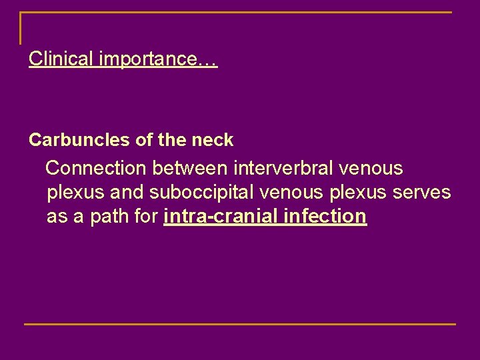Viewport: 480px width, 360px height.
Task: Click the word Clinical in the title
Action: click(61, 59)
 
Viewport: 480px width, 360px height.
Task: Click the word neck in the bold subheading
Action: click(213, 140)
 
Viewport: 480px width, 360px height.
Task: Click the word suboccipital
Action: click(203, 192)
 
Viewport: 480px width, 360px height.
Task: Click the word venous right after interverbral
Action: click(371, 167)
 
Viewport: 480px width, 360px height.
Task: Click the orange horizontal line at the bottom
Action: click(240, 324)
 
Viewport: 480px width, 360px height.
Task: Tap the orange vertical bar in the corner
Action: click(21, 28)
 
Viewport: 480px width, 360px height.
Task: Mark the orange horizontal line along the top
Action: click(240, 13)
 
